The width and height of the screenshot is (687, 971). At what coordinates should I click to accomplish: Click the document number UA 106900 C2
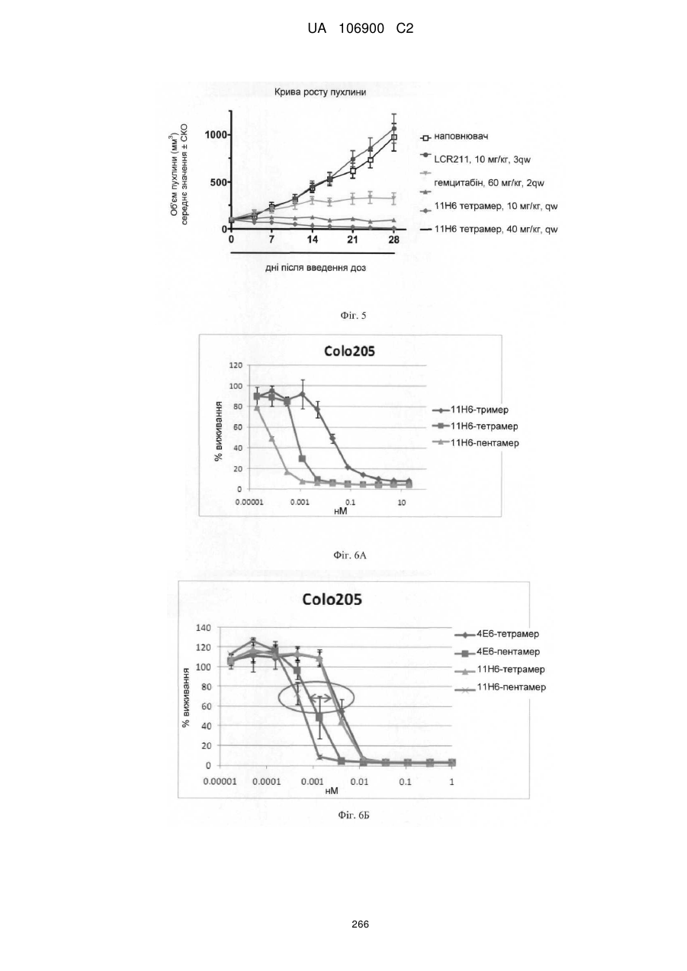pyautogui.click(x=360, y=29)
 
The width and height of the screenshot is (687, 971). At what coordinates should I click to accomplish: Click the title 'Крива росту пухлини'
pyautogui.click(x=320, y=92)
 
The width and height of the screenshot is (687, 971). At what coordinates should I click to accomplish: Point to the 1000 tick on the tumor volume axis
pyautogui.click(x=216, y=135)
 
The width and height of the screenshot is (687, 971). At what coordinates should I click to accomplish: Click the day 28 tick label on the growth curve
pyautogui.click(x=393, y=240)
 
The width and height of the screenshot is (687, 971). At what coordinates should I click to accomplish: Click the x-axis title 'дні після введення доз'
pyautogui.click(x=316, y=268)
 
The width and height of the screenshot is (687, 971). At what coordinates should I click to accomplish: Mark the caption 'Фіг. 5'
pyautogui.click(x=353, y=316)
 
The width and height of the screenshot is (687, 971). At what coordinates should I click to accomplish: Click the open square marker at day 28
pyautogui.click(x=393, y=137)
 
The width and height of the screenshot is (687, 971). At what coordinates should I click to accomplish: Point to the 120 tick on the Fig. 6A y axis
pyautogui.click(x=236, y=365)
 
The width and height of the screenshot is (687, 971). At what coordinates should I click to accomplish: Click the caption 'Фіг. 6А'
pyautogui.click(x=350, y=555)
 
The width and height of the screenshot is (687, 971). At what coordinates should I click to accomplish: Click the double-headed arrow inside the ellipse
pyautogui.click(x=320, y=699)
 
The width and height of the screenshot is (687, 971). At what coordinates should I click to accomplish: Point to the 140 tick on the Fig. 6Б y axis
pyautogui.click(x=202, y=627)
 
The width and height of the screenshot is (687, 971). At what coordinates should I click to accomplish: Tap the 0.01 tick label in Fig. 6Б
pyautogui.click(x=359, y=782)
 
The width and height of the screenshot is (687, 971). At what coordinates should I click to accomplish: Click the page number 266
pyautogui.click(x=360, y=924)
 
